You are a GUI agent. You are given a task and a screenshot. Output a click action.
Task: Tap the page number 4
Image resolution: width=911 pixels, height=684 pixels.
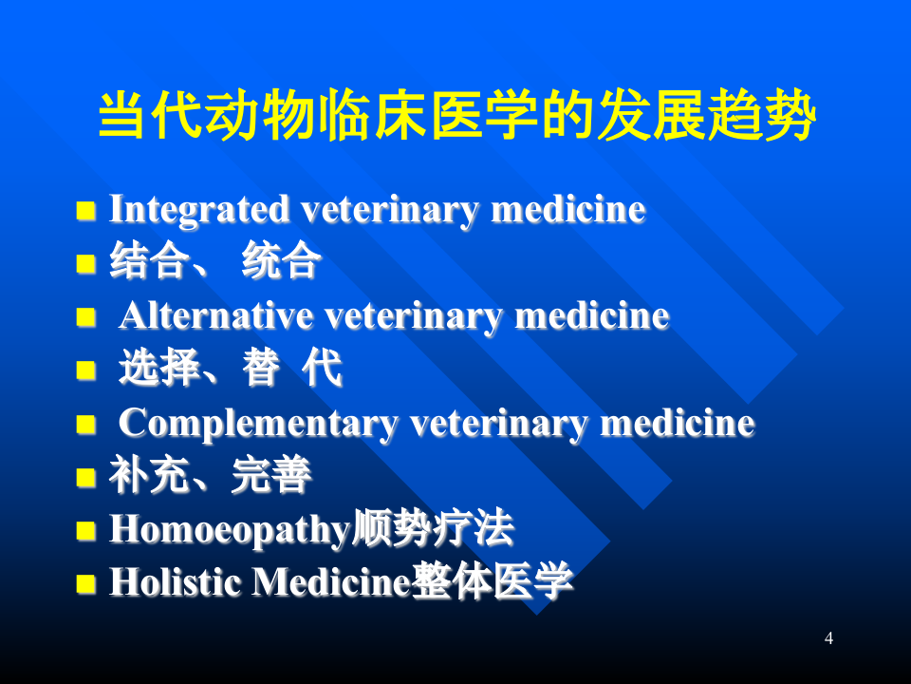pyautogui.click(x=828, y=638)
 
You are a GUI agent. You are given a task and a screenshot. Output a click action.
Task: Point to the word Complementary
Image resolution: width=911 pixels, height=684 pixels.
pyautogui.click(x=258, y=423)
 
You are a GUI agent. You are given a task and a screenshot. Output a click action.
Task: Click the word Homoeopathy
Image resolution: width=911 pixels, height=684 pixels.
pyautogui.click(x=230, y=530)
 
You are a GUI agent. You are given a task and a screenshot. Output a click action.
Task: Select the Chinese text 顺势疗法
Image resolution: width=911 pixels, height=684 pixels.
pyautogui.click(x=433, y=529)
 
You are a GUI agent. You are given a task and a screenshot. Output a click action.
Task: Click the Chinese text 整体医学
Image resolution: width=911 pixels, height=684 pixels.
pyautogui.click(x=493, y=581)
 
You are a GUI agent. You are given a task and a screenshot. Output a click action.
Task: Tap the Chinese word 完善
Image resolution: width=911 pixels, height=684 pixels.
pyautogui.click(x=270, y=476)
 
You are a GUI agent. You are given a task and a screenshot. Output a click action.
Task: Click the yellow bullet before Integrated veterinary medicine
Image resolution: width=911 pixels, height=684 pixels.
pyautogui.click(x=86, y=210)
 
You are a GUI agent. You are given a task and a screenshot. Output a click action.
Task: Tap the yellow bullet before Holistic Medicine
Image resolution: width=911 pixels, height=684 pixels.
pyautogui.click(x=86, y=583)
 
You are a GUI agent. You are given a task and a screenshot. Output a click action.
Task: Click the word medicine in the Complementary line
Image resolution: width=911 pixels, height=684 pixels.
pyautogui.click(x=677, y=423)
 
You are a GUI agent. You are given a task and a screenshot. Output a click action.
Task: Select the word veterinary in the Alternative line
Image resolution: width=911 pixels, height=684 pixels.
pyautogui.click(x=414, y=315)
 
